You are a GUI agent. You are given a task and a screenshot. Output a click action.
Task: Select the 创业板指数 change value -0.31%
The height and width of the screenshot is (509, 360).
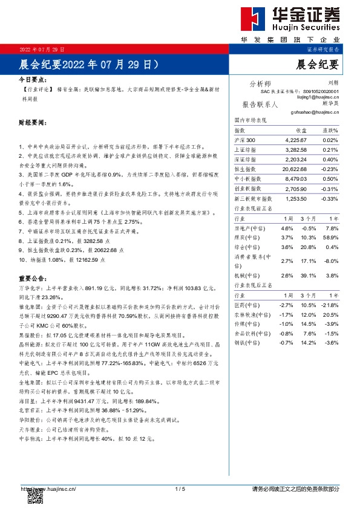pos(330,189)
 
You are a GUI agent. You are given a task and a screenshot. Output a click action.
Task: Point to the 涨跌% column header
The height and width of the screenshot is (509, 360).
pos(330,131)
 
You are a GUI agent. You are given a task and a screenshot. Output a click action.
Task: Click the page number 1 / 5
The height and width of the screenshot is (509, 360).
pos(180,488)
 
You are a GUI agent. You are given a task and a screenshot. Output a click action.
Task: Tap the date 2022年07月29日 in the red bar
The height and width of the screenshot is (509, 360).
pos(42,48)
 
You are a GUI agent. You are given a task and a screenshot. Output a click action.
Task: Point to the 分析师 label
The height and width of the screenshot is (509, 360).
pos(260,83)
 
